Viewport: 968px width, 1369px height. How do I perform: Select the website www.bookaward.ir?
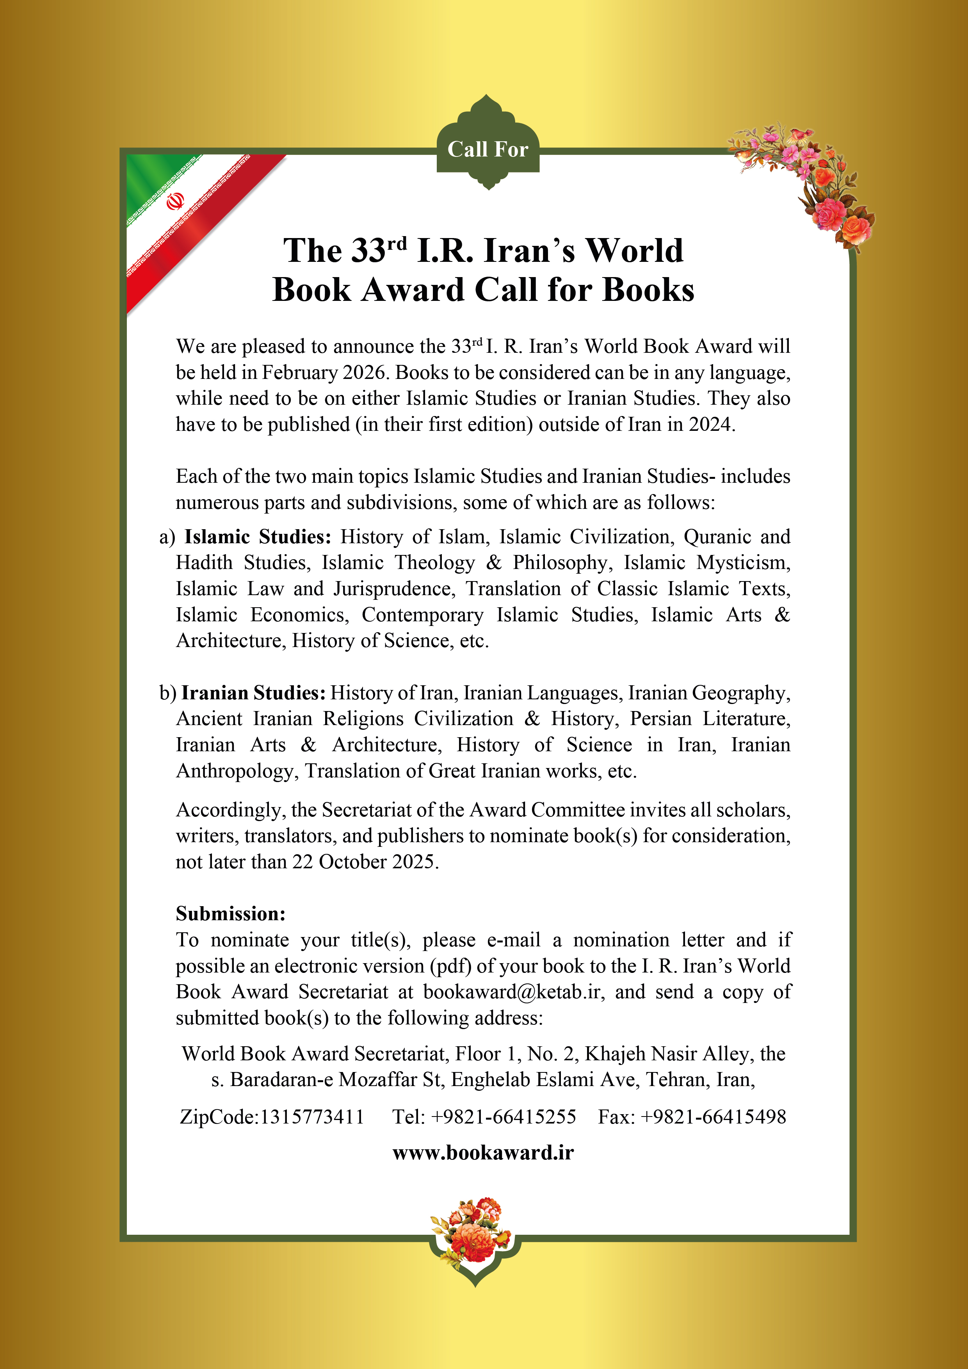[x=483, y=1152]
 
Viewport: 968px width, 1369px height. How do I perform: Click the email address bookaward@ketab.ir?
[x=512, y=992]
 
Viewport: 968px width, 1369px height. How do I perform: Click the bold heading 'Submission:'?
[x=231, y=914]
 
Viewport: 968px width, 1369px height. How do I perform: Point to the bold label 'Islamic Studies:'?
[x=258, y=537]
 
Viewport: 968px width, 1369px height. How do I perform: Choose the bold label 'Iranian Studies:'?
[x=253, y=693]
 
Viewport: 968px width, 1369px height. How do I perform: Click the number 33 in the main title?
[x=368, y=251]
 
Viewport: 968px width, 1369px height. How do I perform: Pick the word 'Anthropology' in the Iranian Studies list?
[x=236, y=771]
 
